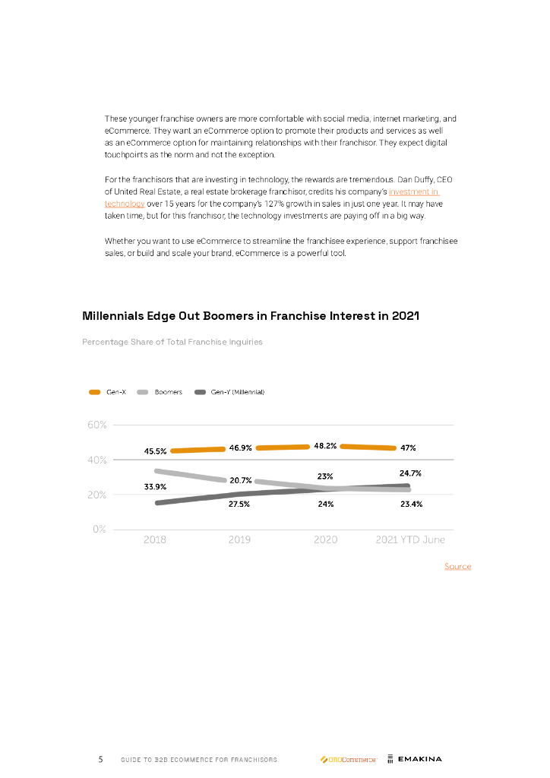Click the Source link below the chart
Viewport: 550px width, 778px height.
457,567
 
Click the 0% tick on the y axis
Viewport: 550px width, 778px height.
99,530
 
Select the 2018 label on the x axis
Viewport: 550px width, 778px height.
155,540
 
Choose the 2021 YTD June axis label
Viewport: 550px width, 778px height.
410,540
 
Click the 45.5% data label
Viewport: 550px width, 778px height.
156,451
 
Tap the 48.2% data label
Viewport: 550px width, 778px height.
325,446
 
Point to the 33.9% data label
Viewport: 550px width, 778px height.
156,486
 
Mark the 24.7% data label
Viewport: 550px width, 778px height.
410,473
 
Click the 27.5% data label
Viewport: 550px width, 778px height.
240,504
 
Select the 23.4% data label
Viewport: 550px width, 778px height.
411,504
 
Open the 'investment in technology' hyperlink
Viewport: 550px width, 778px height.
414,193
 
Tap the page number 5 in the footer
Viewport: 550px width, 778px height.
100,759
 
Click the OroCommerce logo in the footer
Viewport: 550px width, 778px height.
348,759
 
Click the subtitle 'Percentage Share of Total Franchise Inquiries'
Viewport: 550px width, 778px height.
172,342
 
